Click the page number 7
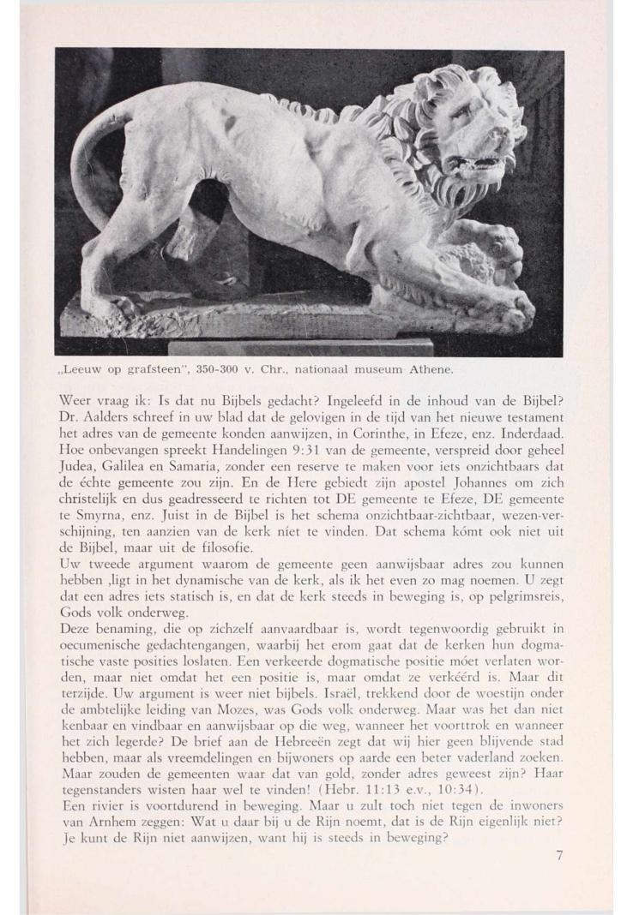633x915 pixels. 559,855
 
